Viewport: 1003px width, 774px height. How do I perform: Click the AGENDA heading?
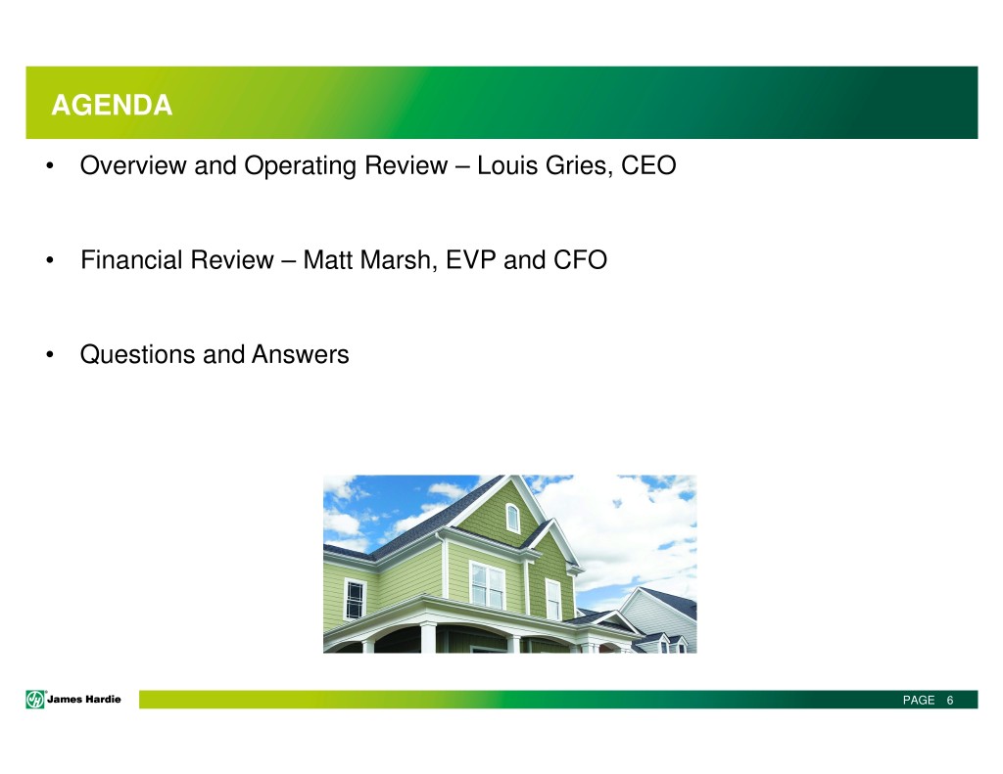(x=112, y=105)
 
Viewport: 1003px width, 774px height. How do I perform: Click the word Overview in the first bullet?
(x=133, y=165)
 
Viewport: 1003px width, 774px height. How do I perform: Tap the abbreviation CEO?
(x=648, y=165)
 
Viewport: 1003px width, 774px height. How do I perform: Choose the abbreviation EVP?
(x=471, y=259)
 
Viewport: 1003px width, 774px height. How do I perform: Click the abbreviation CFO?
(x=580, y=259)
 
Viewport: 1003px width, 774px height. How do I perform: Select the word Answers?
(x=301, y=354)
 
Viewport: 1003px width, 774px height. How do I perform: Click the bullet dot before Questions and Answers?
(x=50, y=355)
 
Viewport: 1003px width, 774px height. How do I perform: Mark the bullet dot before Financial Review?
(x=50, y=260)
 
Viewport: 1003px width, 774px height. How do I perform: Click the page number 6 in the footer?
(x=950, y=700)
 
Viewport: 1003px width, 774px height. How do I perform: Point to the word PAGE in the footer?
(x=919, y=700)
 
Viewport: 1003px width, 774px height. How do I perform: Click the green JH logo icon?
(x=35, y=700)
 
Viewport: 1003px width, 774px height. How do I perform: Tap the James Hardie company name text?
(x=84, y=700)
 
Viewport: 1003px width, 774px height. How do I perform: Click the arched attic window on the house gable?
(x=512, y=518)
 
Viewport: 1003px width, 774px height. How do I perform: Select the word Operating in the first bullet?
(x=301, y=165)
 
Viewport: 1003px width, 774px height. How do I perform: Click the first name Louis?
(x=507, y=165)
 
